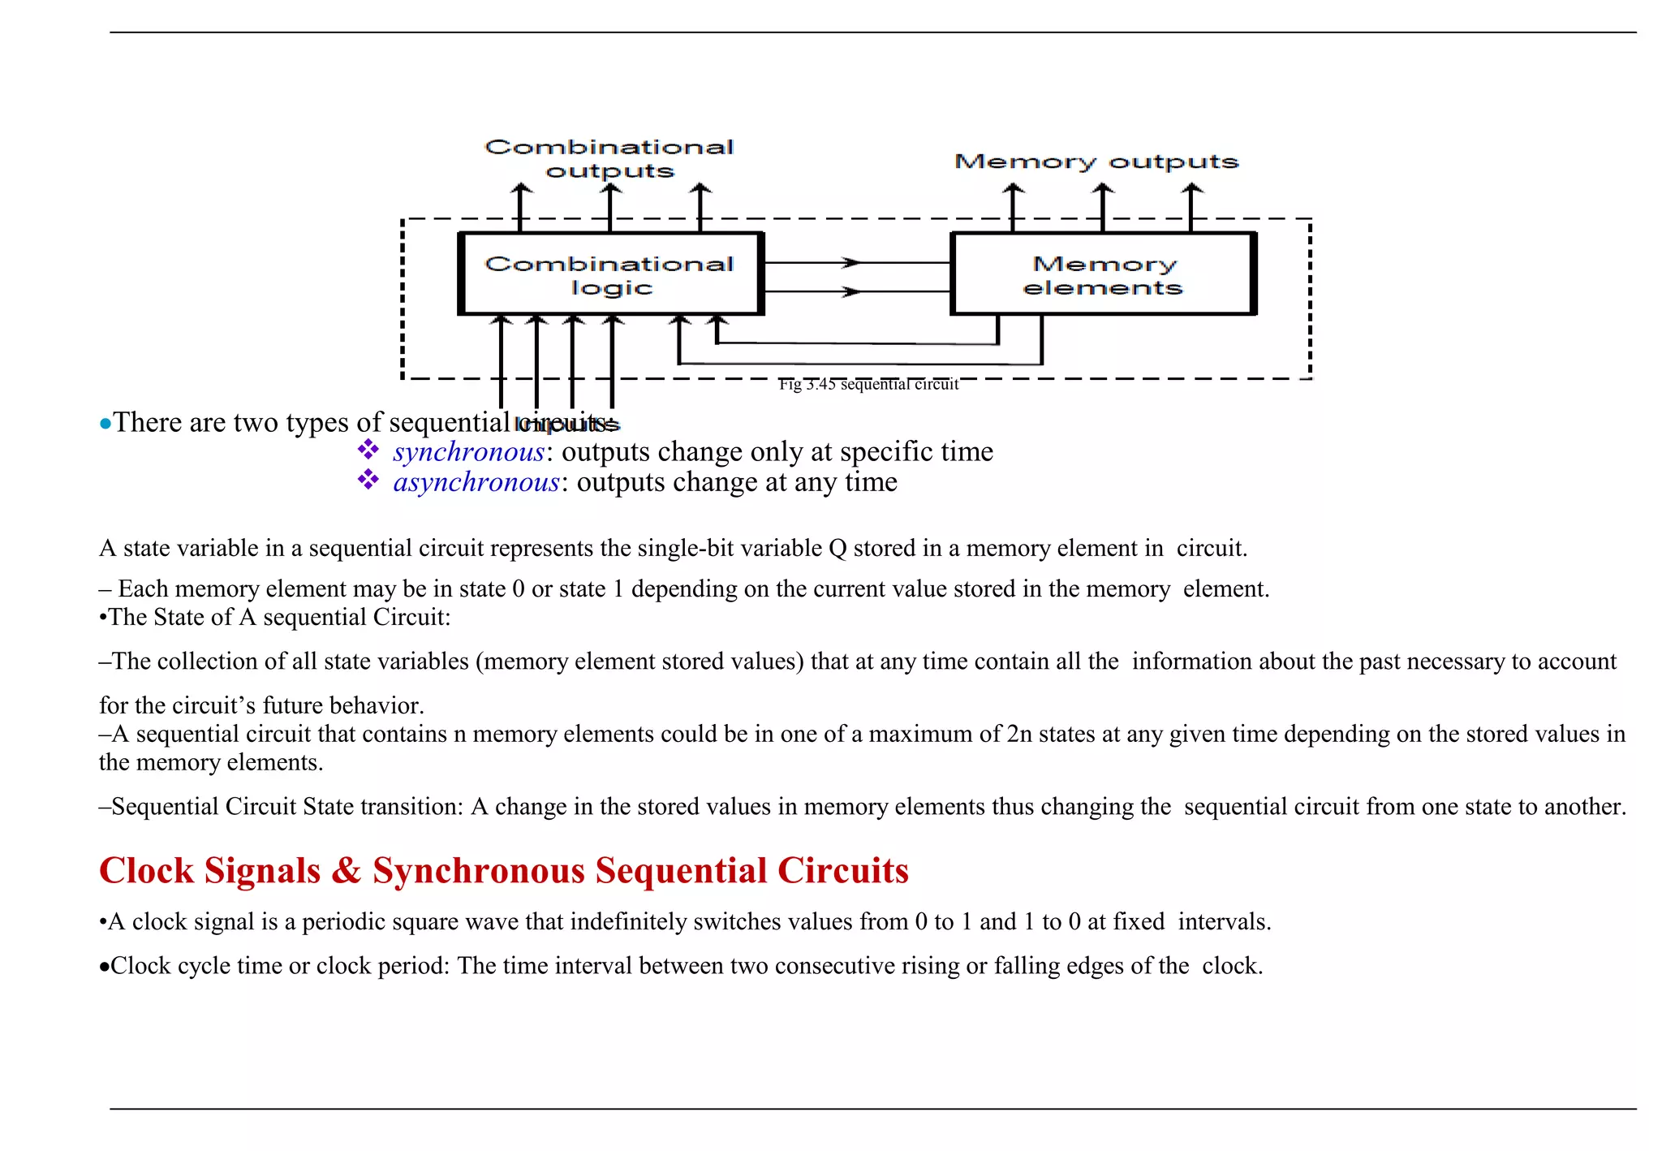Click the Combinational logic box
point(610,274)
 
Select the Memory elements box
point(1103,274)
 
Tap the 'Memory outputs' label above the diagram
point(1096,162)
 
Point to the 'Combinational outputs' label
point(609,158)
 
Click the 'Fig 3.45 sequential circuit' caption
point(868,385)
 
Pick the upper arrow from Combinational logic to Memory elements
point(855,263)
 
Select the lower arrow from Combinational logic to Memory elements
point(855,291)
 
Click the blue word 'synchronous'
point(468,451)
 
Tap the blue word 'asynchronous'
point(476,482)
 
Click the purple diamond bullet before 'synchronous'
point(368,449)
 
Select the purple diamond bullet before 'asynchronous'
point(368,480)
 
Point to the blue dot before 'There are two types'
point(105,424)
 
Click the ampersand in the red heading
point(347,871)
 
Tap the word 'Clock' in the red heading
point(146,871)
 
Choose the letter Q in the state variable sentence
point(837,549)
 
